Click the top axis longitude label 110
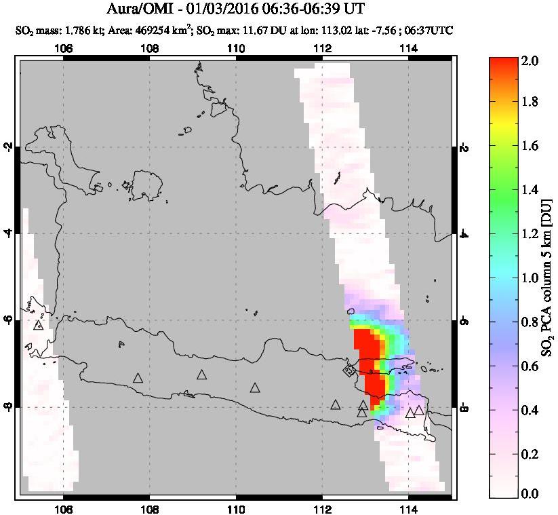click(236, 48)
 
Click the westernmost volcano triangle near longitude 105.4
click(38, 325)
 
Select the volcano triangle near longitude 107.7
click(138, 378)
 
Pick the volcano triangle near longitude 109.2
click(202, 375)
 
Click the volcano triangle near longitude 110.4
click(255, 387)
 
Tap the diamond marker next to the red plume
click(349, 370)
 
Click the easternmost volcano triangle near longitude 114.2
click(419, 410)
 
